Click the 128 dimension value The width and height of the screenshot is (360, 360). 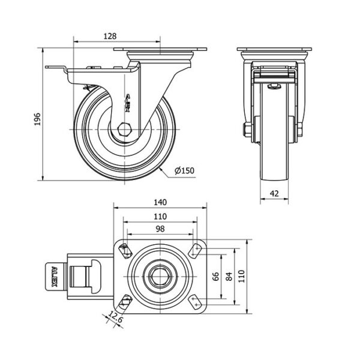(x=110, y=36)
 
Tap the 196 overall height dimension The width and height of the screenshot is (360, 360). (x=37, y=119)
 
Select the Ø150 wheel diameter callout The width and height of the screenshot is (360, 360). (x=184, y=170)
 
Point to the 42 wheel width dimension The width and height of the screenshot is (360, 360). (x=274, y=194)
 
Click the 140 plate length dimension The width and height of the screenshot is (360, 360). (x=160, y=202)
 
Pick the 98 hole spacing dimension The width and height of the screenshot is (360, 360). (x=160, y=229)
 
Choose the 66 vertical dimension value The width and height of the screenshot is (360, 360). (x=215, y=277)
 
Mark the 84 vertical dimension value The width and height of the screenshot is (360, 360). (x=229, y=277)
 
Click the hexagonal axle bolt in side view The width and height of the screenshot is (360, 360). (x=124, y=130)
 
